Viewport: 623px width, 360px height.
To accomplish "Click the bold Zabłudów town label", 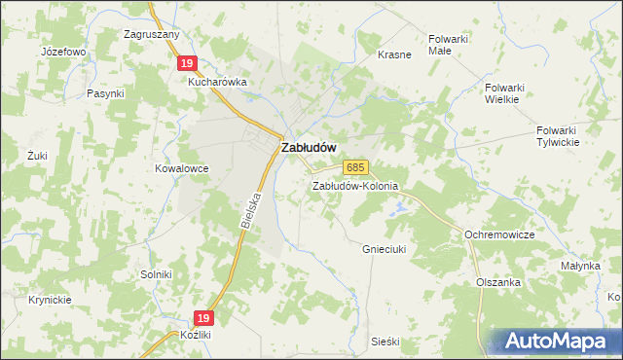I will pos(309,147).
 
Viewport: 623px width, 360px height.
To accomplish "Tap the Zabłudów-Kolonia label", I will pos(355,185).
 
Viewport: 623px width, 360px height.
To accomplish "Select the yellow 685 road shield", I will pos(355,167).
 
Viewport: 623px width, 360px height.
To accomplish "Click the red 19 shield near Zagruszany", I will pos(188,63).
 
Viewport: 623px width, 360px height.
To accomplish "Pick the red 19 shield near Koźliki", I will pos(202,317).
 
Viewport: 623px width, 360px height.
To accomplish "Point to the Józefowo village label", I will pos(64,51).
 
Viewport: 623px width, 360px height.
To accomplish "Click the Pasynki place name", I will pos(105,93).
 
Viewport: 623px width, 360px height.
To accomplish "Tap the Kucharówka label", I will pos(218,83).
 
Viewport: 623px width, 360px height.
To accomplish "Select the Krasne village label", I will pos(394,54).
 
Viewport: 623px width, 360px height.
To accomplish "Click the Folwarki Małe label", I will pos(449,46).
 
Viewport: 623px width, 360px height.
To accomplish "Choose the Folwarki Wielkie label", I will pos(503,92).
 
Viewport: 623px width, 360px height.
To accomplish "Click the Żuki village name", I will pos(38,155).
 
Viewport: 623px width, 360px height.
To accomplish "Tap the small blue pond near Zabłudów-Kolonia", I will pos(397,207).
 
